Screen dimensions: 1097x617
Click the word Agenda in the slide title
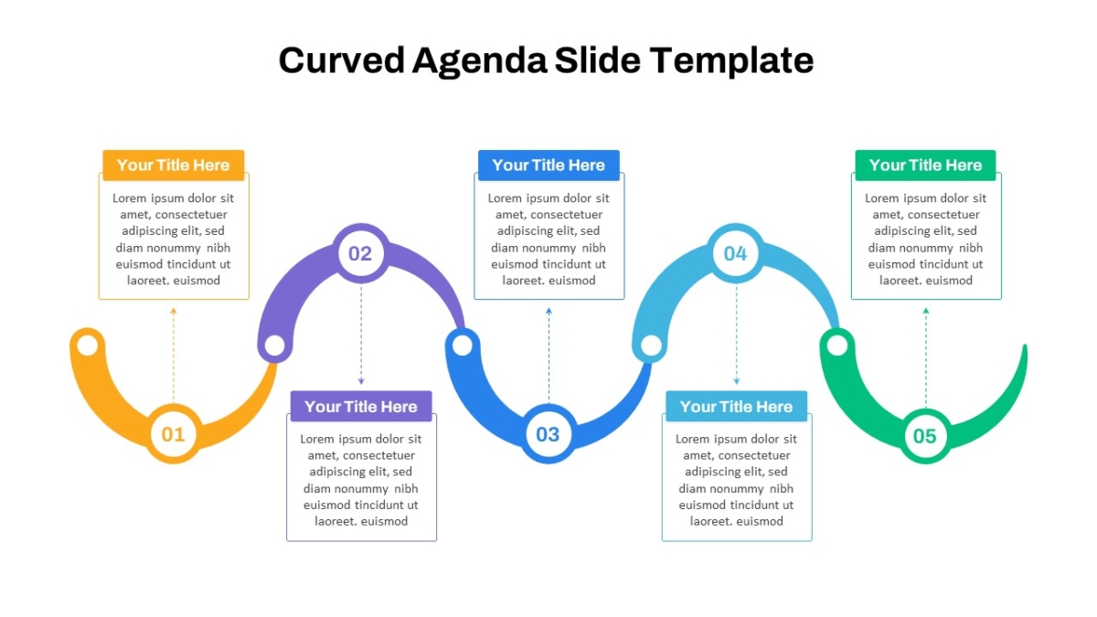(479, 61)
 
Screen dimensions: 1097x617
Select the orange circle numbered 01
(174, 434)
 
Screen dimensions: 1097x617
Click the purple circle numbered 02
(361, 253)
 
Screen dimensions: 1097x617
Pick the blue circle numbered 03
(548, 434)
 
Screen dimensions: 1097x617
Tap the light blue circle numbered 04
(736, 253)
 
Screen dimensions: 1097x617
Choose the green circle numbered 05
(925, 436)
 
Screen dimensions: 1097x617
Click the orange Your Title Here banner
(174, 165)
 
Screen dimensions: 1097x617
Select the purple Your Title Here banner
(361, 406)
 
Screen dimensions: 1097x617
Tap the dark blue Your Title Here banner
(548, 165)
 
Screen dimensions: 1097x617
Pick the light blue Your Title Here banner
(736, 406)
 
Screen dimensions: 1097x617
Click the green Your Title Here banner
(925, 165)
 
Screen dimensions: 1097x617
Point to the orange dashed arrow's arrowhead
(174, 311)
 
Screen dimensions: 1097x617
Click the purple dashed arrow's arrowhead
(361, 381)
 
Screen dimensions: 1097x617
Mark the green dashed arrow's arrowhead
(925, 311)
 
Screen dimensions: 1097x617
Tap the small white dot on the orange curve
(88, 345)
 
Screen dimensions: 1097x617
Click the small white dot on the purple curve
(275, 346)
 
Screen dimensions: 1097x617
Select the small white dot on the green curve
(837, 346)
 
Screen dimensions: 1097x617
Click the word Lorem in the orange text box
(129, 197)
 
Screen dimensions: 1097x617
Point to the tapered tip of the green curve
(1025, 347)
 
